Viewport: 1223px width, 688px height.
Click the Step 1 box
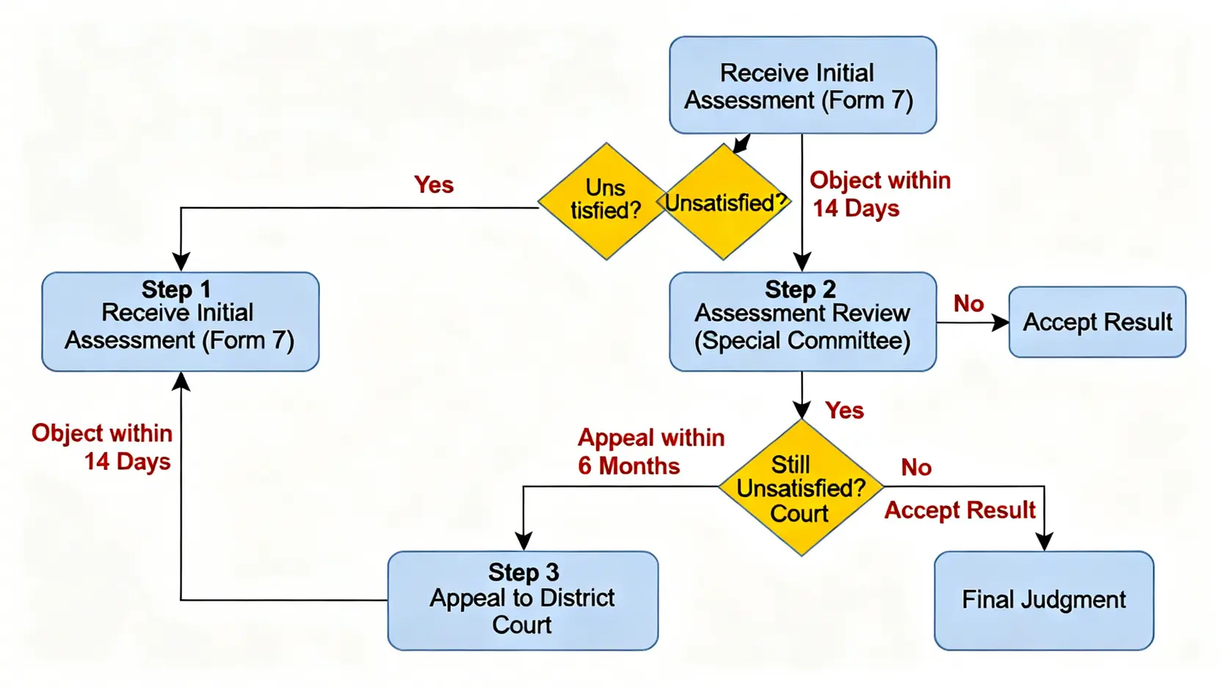180,322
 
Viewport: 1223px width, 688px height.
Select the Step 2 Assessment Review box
802,322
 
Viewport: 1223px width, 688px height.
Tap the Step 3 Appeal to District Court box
522,600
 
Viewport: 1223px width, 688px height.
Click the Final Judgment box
1043,600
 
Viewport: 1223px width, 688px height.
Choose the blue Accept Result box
1097,322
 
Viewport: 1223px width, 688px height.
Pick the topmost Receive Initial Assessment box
802,85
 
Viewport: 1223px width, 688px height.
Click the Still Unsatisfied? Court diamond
800,488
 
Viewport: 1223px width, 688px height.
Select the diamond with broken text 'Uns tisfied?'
605,200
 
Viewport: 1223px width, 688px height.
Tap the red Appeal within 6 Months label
650,452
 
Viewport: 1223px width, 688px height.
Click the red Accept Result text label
959,510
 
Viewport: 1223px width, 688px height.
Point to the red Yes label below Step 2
843,410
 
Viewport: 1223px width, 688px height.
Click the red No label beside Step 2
968,303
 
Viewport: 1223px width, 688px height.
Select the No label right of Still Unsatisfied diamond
915,467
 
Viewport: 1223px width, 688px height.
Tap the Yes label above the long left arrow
433,184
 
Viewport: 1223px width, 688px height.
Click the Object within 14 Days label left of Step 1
102,447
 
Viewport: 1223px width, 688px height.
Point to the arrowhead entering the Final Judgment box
1043,543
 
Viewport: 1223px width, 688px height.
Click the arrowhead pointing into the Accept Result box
1001,322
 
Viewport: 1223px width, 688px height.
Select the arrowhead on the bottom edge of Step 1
181,380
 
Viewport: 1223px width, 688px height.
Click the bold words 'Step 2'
799,289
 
